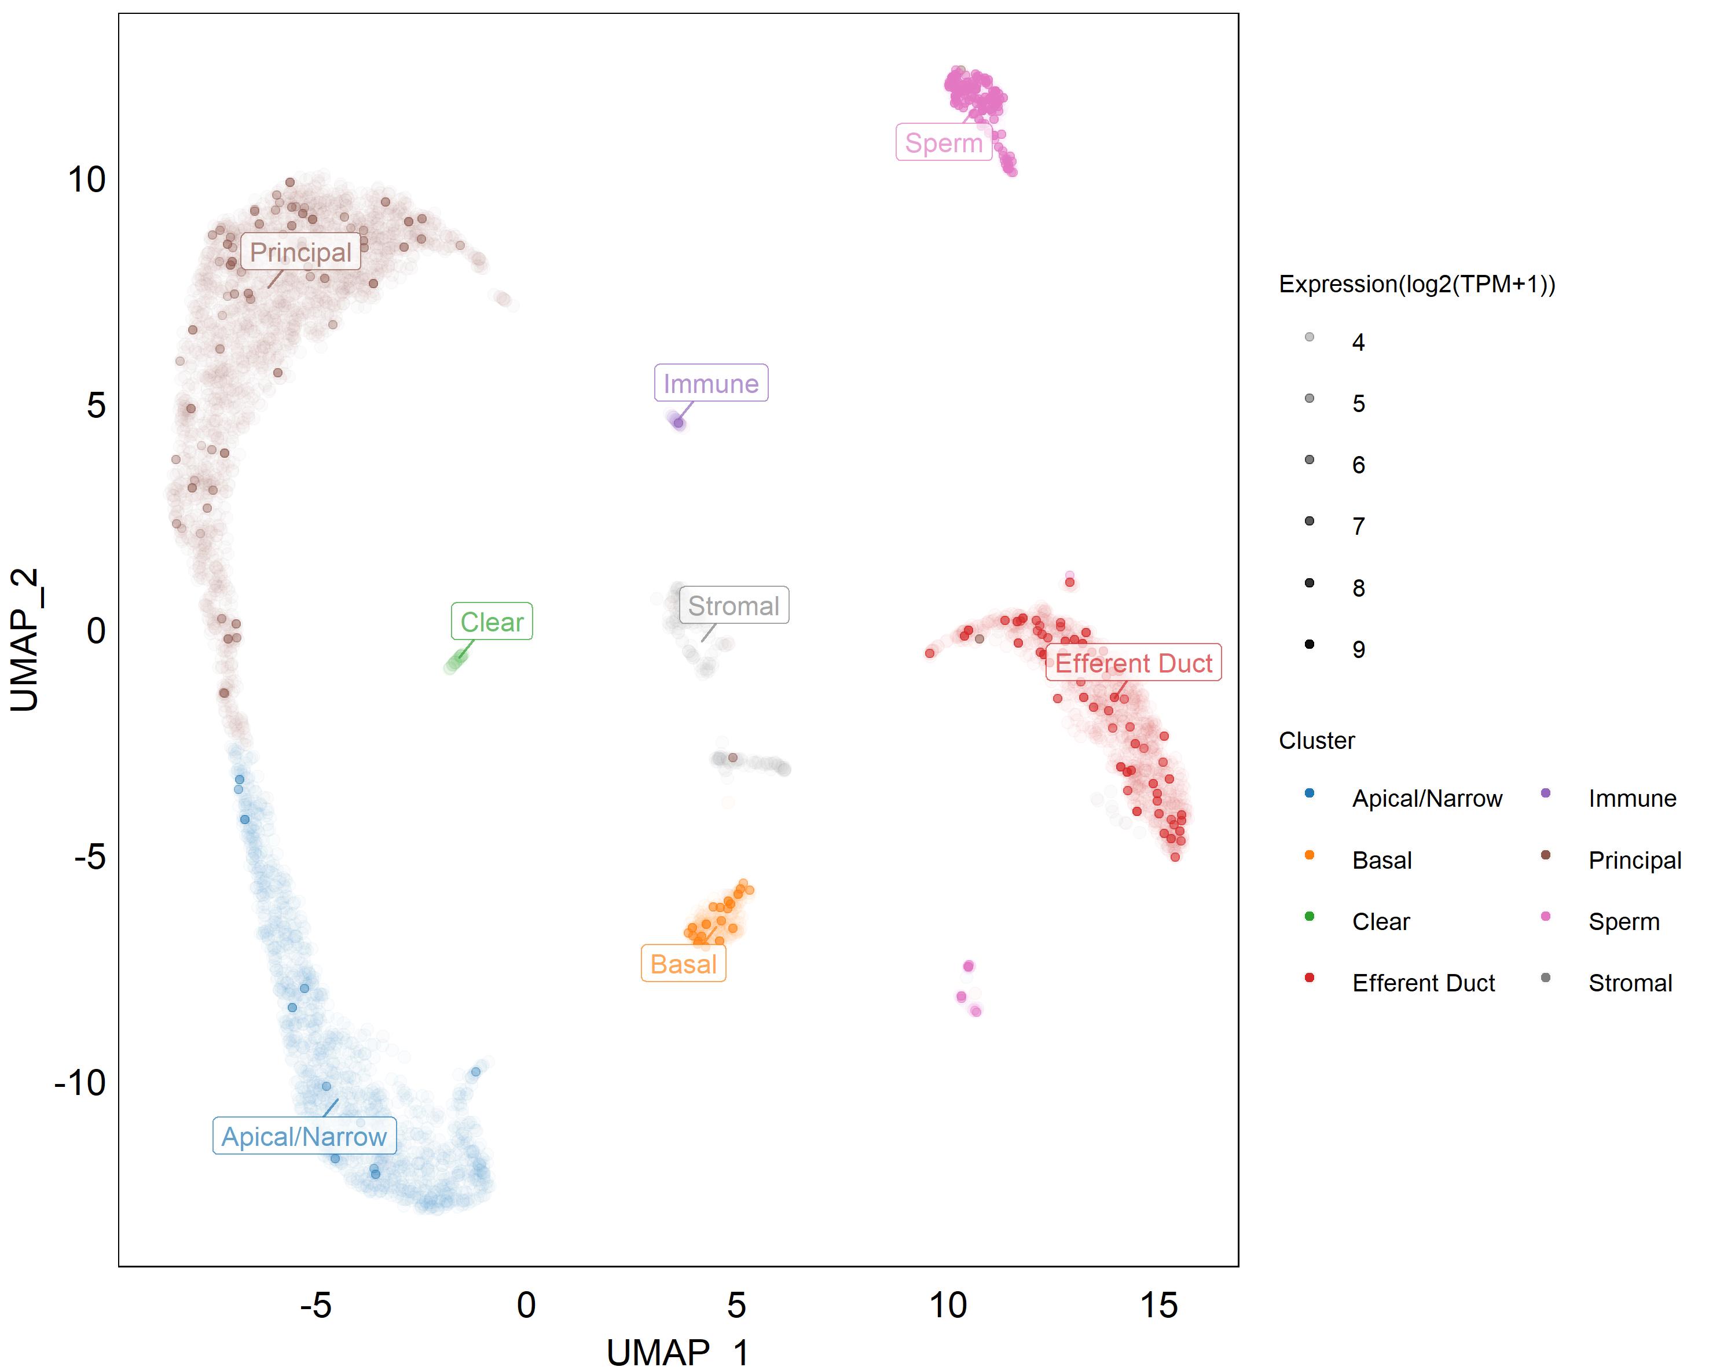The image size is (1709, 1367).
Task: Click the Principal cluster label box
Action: click(x=300, y=252)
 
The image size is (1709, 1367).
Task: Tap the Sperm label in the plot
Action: click(x=943, y=142)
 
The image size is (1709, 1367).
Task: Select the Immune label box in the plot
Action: click(x=711, y=384)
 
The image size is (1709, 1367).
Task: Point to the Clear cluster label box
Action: click(x=492, y=622)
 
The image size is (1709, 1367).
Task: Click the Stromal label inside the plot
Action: click(x=734, y=605)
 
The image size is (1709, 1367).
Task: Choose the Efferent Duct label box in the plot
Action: click(x=1133, y=663)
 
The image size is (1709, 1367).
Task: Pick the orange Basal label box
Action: click(x=683, y=964)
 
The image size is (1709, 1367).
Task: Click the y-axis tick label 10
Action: click(x=86, y=180)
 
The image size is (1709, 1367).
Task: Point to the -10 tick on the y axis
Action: click(x=80, y=1082)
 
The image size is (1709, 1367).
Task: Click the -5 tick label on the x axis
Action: click(x=316, y=1304)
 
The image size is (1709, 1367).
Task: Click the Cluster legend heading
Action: click(x=1316, y=741)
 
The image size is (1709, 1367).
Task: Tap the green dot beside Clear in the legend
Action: click(x=1310, y=917)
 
